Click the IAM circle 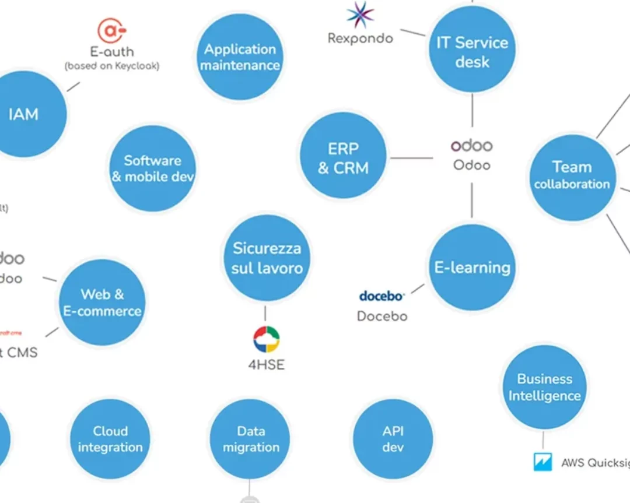coord(23,114)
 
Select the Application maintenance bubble coord(240,57)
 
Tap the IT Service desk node coord(472,52)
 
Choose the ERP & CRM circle coord(343,158)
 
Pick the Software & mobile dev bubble coord(152,168)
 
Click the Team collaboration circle coord(572,176)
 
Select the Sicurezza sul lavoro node coord(267,258)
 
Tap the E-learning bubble coord(472,268)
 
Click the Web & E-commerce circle coord(102,302)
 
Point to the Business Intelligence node coord(544,387)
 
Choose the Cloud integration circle coord(110,439)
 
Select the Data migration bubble coord(250,439)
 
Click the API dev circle coord(393,439)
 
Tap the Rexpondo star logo coord(360,15)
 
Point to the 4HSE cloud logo coord(266,340)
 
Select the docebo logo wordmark coord(381,296)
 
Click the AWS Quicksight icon coord(542,462)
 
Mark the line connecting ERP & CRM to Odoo coord(411,157)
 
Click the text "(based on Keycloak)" coord(111,66)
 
